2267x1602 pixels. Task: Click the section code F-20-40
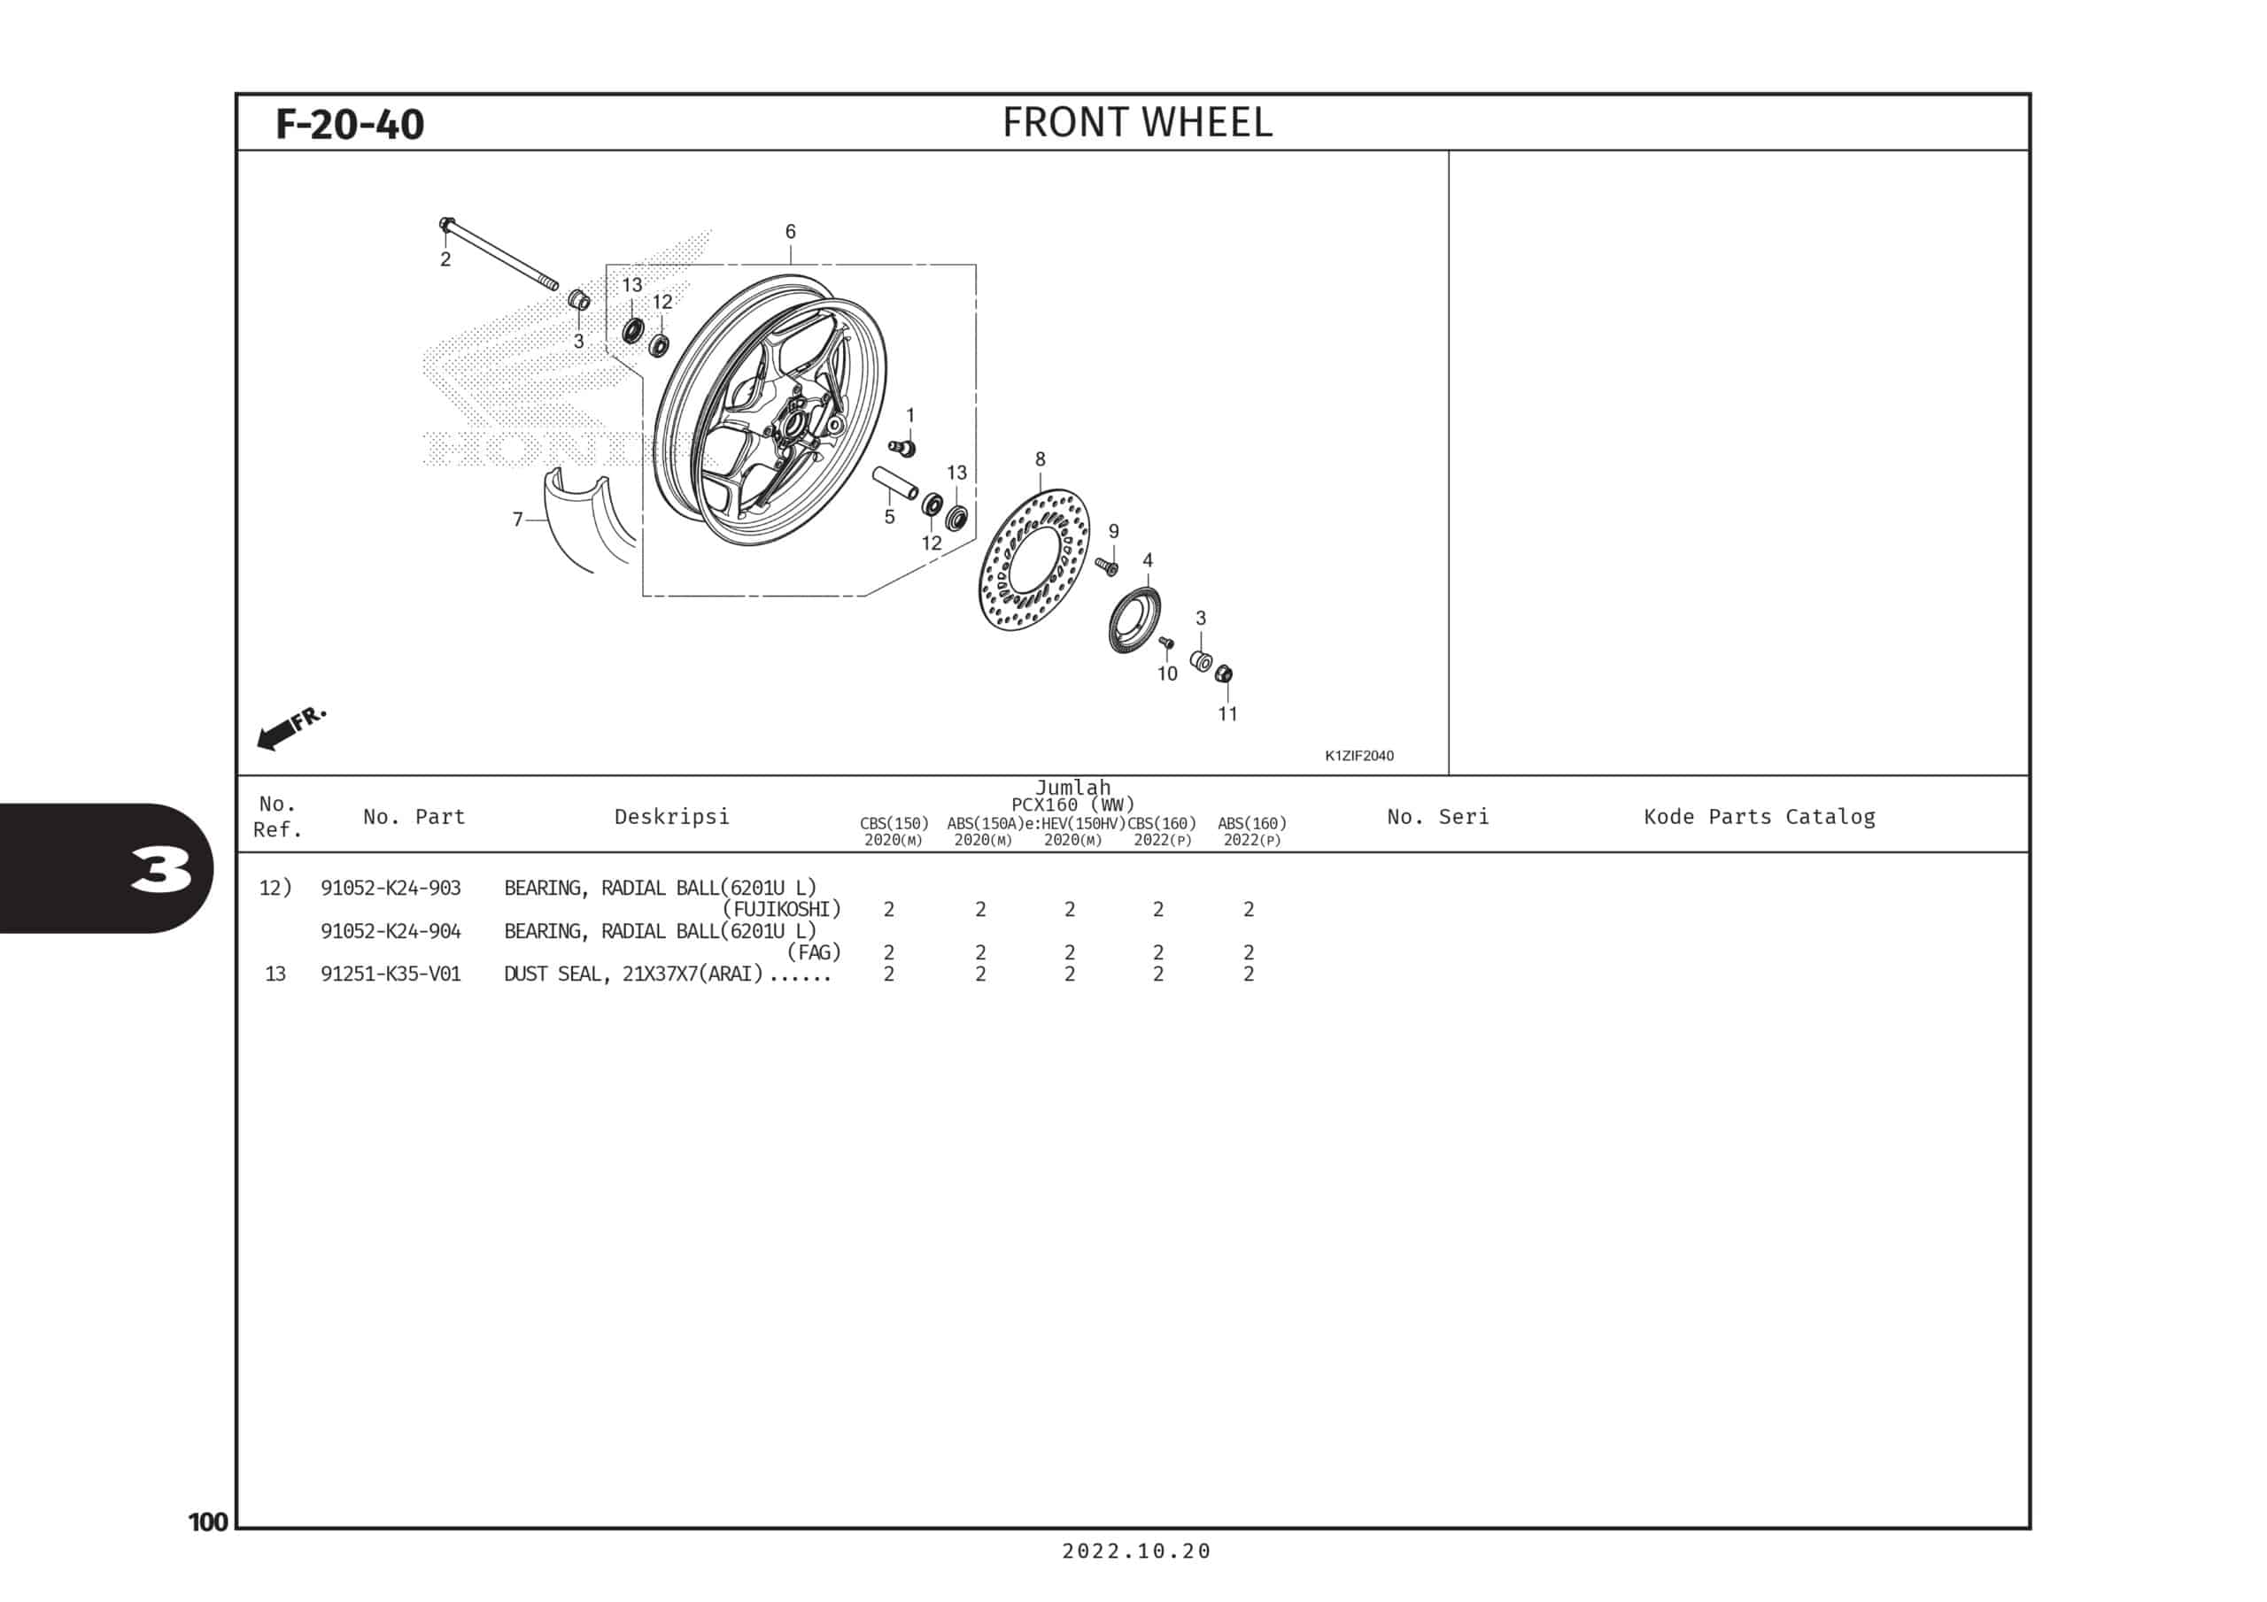(350, 125)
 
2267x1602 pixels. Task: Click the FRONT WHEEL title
(1137, 122)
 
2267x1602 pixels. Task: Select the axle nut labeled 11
(1225, 674)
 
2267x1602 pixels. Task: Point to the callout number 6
(790, 231)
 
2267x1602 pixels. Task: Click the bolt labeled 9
(1107, 566)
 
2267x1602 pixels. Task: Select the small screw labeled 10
(1166, 643)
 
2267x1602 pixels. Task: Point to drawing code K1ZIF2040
(1358, 756)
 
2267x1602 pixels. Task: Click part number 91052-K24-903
(390, 889)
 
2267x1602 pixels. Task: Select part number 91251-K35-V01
(390, 974)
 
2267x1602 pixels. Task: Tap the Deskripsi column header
(671, 816)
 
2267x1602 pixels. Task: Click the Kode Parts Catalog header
(1760, 816)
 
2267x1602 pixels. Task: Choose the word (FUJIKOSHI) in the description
(782, 909)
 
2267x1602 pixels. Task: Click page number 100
(208, 1522)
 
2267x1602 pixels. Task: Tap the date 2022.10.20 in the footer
(1136, 1551)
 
